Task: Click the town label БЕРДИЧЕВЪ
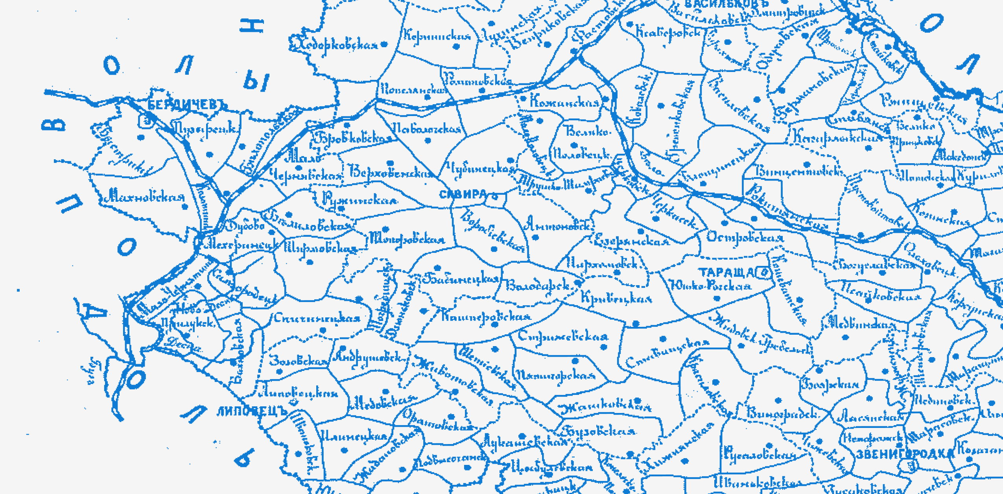[x=187, y=105]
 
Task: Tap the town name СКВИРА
[x=463, y=194]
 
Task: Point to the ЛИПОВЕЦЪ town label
[x=252, y=412]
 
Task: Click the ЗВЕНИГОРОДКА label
[x=905, y=454]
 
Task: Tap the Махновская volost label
[x=144, y=196]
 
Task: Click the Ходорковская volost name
[x=338, y=45]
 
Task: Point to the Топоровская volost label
[x=407, y=239]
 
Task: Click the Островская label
[x=745, y=238]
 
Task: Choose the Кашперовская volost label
[x=486, y=316]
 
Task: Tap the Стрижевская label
[x=563, y=337]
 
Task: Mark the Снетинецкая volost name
[x=317, y=317]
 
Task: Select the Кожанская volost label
[x=564, y=102]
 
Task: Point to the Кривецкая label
[x=616, y=298]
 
